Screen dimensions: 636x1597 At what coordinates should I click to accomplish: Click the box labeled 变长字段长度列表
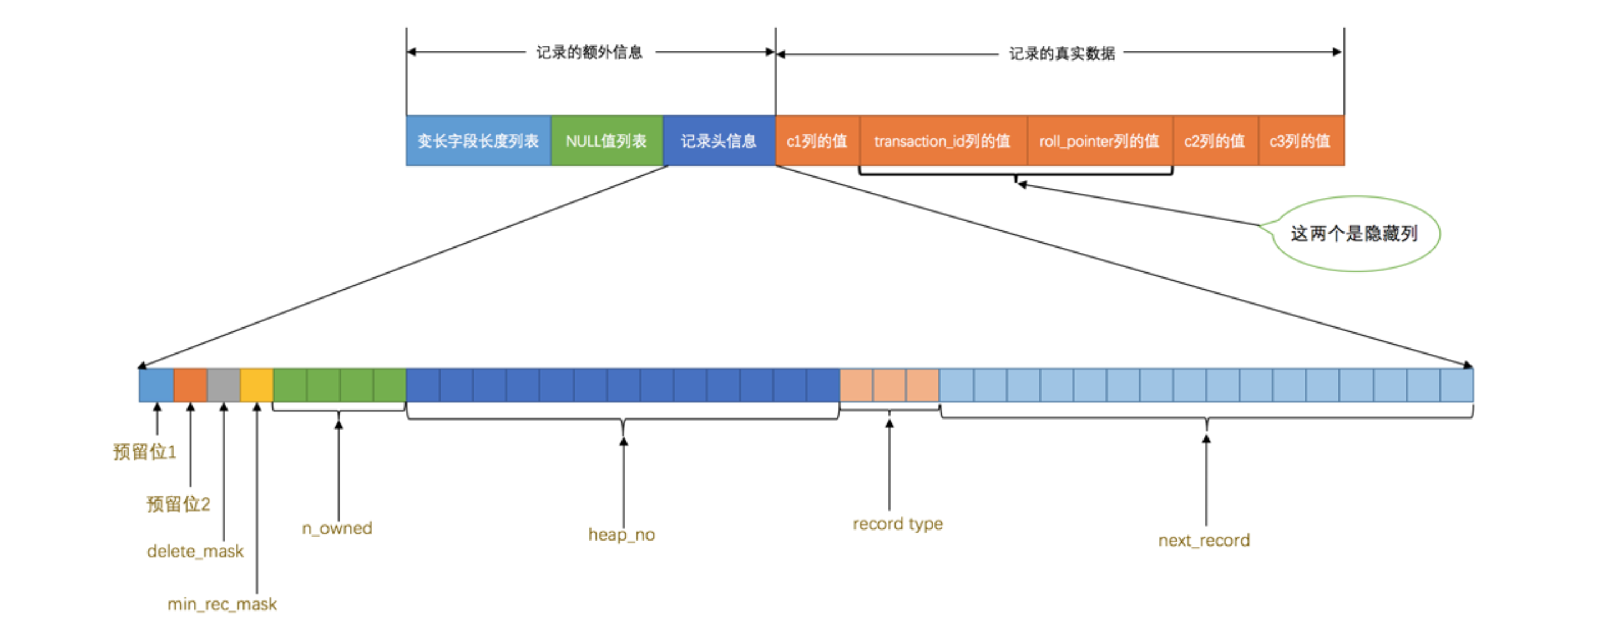[478, 141]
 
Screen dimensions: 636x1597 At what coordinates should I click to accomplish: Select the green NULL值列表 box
[607, 141]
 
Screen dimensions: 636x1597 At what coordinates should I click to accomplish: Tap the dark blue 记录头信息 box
[719, 141]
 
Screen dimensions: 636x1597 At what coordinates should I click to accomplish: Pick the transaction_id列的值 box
[942, 141]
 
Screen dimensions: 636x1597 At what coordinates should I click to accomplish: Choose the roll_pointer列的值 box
[1099, 141]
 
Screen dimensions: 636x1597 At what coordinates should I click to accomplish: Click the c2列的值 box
[1215, 141]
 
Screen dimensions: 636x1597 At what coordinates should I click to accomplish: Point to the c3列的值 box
[1300, 141]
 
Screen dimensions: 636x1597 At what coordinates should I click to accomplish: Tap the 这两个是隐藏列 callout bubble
[1355, 234]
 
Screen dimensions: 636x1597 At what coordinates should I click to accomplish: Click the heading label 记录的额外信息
[589, 52]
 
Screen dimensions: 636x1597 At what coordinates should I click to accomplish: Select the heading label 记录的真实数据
[1062, 53]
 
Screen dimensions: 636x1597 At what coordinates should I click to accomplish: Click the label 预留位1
[144, 451]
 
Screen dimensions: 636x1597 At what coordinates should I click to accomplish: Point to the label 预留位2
[178, 503]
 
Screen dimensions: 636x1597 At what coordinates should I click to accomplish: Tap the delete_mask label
[195, 551]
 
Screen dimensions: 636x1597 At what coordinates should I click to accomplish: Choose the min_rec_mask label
[222, 604]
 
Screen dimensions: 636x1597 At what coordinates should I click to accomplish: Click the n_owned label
[337, 528]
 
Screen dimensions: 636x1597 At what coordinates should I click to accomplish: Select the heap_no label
[621, 534]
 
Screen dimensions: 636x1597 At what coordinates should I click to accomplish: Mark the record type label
[898, 524]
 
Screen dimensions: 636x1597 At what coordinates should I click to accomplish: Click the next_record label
[1204, 541]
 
